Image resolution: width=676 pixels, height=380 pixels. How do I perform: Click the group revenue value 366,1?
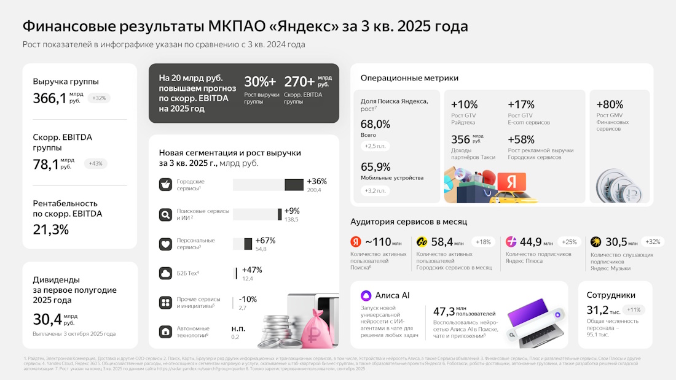tap(49, 98)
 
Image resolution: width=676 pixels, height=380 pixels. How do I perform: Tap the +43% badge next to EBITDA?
tap(96, 164)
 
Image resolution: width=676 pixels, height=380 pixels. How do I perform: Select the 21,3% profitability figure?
tap(51, 230)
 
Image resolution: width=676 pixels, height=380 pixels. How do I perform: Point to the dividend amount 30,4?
tap(47, 319)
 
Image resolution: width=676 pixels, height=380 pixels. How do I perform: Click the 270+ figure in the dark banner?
tap(299, 82)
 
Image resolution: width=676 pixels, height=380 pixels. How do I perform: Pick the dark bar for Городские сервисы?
tap(294, 185)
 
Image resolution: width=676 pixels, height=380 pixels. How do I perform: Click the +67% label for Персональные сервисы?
tap(265, 240)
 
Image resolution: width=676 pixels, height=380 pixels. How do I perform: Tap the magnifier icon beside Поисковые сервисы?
tap(165, 214)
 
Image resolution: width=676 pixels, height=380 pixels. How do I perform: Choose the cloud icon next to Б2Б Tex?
tap(165, 273)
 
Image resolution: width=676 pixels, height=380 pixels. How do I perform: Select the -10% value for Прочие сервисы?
tap(248, 299)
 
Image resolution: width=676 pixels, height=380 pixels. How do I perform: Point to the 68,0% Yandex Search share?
tap(375, 124)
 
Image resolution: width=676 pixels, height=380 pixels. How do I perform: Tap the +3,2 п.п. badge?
tap(375, 190)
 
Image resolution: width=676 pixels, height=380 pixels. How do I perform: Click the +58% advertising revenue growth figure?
tap(521, 139)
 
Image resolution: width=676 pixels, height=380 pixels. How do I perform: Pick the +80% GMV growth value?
tap(610, 104)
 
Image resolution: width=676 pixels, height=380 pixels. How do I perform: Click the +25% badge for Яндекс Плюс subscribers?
tap(570, 242)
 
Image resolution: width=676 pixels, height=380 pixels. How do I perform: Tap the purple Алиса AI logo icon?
tap(366, 295)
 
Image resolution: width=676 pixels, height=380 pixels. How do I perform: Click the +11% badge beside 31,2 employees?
tap(633, 310)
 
